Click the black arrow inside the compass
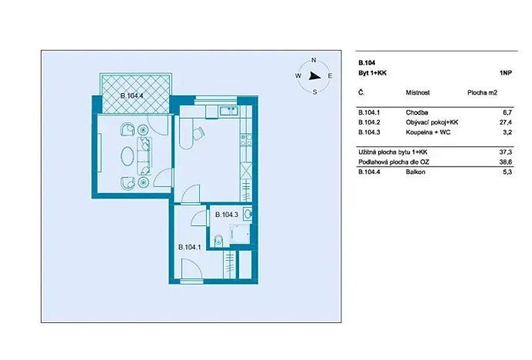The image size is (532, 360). (x=314, y=75)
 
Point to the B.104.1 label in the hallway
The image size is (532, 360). (x=189, y=247)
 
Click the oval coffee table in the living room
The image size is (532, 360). (x=125, y=155)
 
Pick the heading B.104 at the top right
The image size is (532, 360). (x=366, y=62)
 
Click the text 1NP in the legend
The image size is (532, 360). (x=505, y=73)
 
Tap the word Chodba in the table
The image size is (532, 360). (x=416, y=112)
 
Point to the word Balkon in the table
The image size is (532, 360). (x=416, y=172)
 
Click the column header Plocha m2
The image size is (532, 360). (x=483, y=92)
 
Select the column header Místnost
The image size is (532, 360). (x=417, y=92)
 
